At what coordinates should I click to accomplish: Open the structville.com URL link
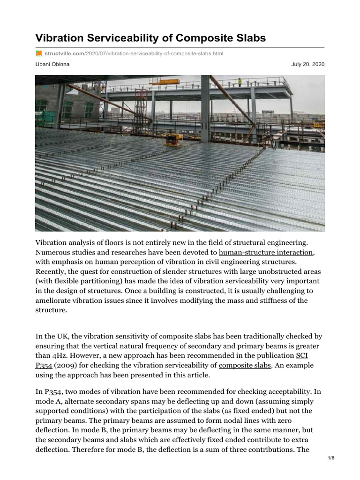click(x=134, y=54)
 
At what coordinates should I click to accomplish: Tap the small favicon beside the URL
click(x=39, y=54)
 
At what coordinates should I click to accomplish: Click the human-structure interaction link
click(x=262, y=253)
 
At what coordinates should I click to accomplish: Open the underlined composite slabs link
click(x=245, y=365)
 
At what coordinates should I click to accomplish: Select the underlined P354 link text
click(x=45, y=365)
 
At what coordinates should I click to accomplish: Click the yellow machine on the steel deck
click(x=172, y=139)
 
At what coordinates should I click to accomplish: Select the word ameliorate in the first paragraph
click(x=54, y=300)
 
